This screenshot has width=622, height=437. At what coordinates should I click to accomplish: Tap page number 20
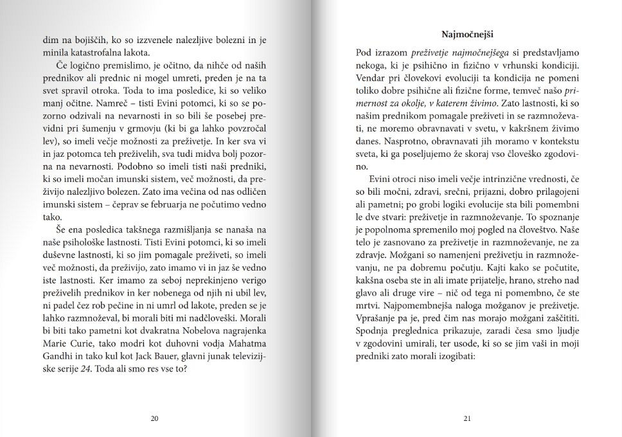(x=154, y=418)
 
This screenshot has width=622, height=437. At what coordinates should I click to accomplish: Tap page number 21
(x=467, y=418)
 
